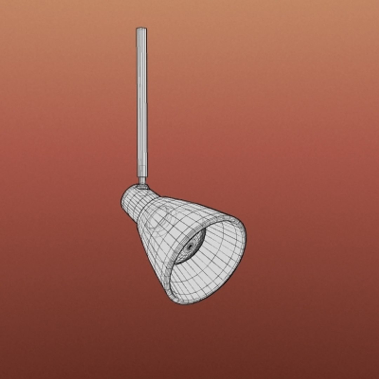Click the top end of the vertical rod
click(x=141, y=29)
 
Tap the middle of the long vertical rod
click(x=142, y=102)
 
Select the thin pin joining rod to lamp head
click(x=142, y=180)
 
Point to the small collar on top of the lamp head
click(x=142, y=186)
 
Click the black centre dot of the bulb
click(x=190, y=247)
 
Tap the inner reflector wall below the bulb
click(x=197, y=281)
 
